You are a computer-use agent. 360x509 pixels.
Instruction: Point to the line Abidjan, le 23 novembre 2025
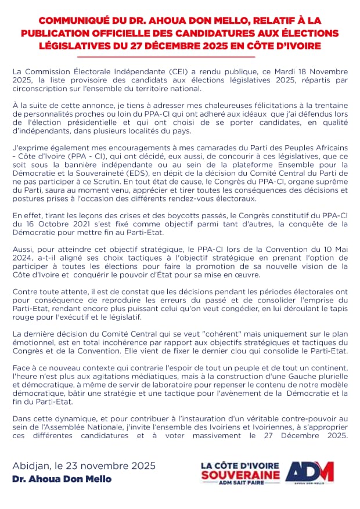pyautogui.click(x=84, y=466)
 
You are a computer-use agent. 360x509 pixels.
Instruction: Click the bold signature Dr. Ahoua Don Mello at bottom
pyautogui.click(x=62, y=479)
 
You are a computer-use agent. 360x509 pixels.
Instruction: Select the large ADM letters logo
pyautogui.click(x=310, y=471)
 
